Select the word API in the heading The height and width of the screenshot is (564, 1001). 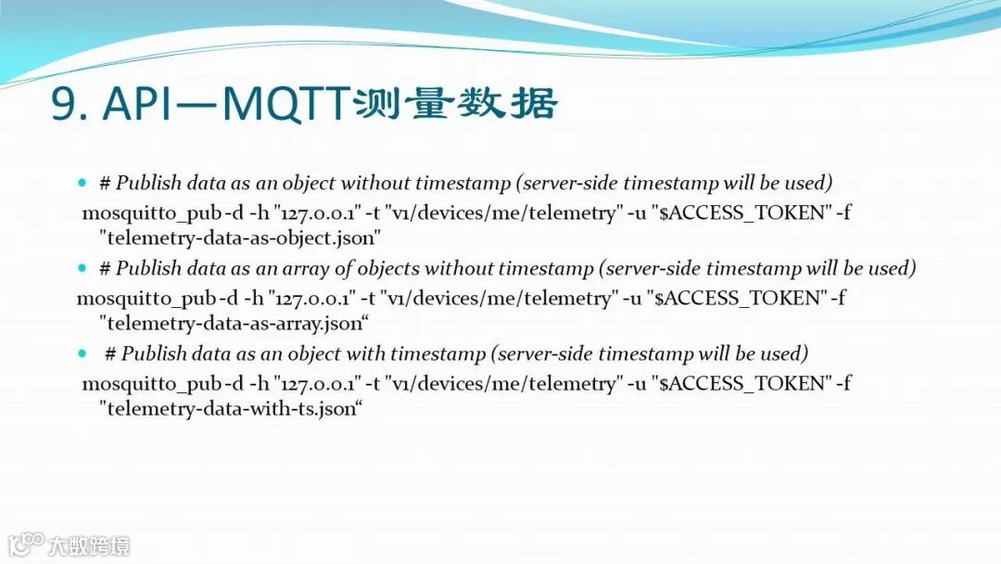136,103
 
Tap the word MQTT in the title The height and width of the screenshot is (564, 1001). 286,104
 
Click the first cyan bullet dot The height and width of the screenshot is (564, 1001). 82,183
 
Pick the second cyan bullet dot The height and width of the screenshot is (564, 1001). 82,268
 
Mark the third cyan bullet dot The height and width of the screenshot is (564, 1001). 82,353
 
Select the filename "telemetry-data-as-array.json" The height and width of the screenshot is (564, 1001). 234,323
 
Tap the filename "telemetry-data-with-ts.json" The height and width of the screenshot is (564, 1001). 231,408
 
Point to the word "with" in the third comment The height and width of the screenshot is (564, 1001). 366,353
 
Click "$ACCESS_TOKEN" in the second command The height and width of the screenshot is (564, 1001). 737,298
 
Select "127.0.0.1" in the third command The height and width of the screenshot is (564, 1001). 317,383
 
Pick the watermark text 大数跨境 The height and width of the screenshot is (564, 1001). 89,546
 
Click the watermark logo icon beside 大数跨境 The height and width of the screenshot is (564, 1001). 25,545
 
